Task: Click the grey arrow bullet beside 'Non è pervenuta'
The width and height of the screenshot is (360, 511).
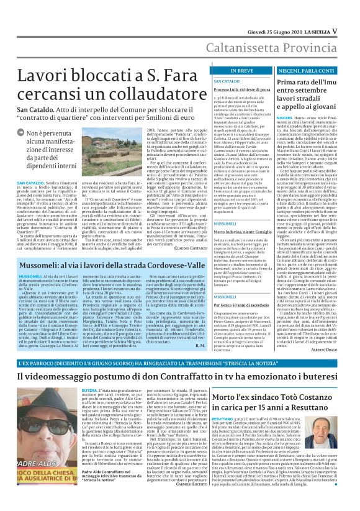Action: point(21,133)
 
